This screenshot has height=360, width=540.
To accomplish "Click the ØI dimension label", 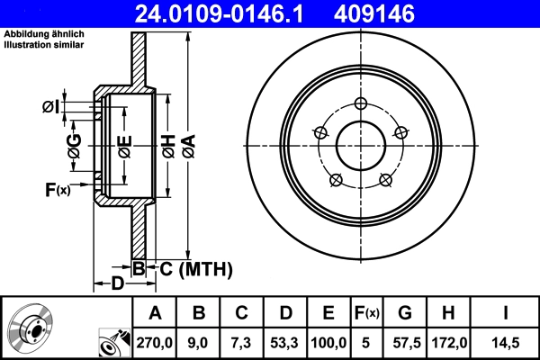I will point(51,108).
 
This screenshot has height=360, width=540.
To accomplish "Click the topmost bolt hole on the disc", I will point(360,102).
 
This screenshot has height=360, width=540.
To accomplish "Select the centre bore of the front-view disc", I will point(360,143).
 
